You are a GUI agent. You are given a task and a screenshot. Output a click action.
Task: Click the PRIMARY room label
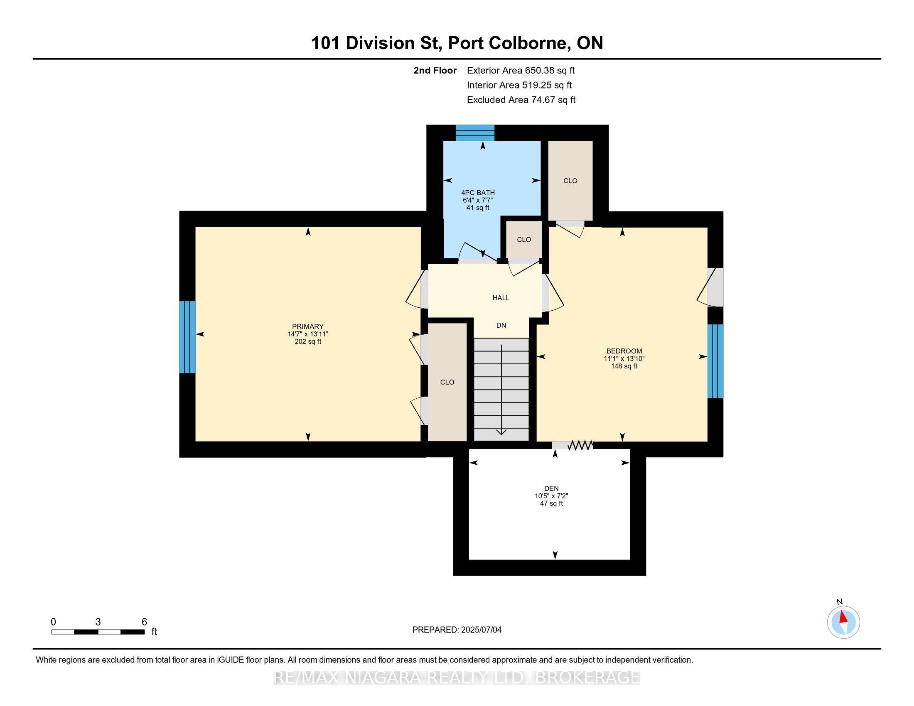tap(307, 326)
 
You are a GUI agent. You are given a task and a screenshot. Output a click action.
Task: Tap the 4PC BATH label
tap(478, 193)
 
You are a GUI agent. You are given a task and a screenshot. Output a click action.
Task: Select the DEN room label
tap(551, 488)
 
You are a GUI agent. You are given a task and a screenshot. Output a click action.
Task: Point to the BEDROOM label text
tap(624, 351)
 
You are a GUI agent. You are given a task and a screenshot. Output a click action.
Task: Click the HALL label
tap(501, 298)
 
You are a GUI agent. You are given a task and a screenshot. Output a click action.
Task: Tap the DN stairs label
tap(501, 326)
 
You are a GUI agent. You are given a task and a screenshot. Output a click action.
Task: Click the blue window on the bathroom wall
tap(475, 132)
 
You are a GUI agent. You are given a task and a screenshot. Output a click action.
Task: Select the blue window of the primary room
tap(187, 337)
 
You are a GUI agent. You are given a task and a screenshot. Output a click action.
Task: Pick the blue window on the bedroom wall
tap(715, 361)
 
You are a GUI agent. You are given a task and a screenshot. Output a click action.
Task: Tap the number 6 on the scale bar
tap(145, 622)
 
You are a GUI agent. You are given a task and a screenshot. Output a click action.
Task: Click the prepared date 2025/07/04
tap(480, 630)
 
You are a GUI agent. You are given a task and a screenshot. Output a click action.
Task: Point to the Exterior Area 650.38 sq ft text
tap(521, 70)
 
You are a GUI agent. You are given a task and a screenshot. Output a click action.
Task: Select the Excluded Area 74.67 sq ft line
tap(521, 100)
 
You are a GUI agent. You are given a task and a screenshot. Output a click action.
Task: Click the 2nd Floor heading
tap(435, 70)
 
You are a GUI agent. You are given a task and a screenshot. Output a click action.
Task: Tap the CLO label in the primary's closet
tap(447, 382)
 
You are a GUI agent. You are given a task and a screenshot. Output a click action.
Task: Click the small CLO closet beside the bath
tap(524, 240)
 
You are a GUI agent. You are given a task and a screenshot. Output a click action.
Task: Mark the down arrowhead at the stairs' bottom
tap(501, 432)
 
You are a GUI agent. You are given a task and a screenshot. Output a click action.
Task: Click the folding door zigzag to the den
tap(580, 445)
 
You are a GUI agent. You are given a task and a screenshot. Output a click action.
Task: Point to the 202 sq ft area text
tap(307, 341)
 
